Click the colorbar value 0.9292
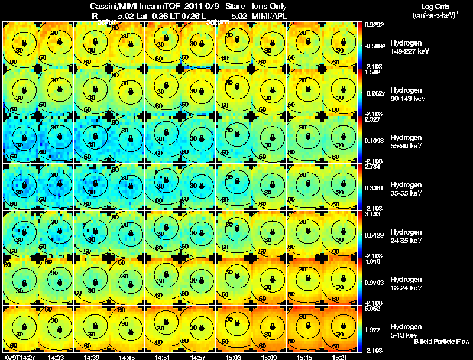coord(374,25)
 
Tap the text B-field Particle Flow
coord(441,342)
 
